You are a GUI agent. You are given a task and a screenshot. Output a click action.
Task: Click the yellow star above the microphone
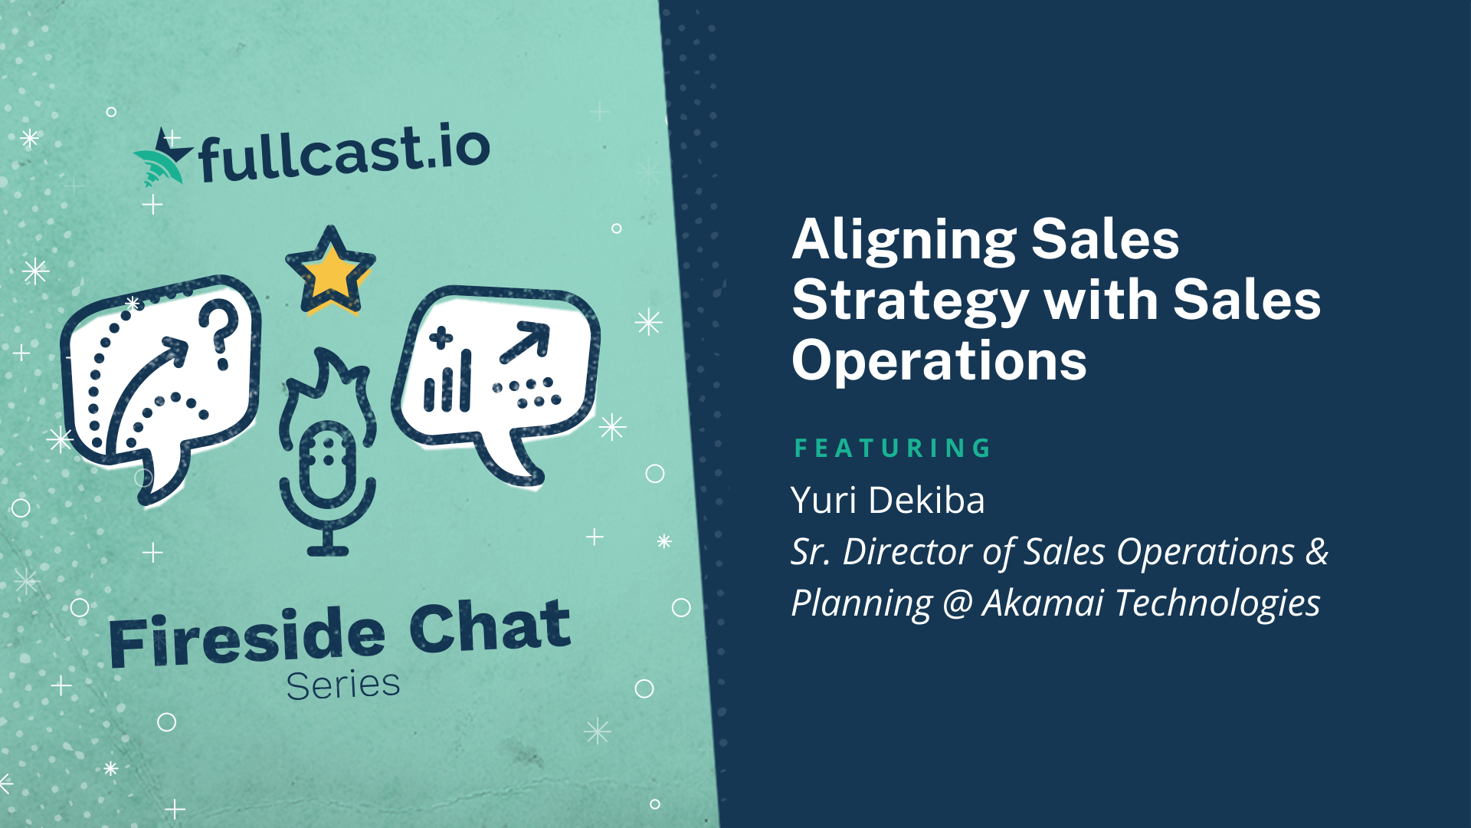click(x=330, y=271)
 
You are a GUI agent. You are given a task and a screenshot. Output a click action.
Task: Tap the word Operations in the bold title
click(x=939, y=360)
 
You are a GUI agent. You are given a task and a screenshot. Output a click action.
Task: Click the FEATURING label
click(x=893, y=448)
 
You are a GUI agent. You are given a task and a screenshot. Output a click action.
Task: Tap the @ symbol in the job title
click(x=958, y=603)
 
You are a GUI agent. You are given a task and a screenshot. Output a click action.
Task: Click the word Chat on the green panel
click(x=490, y=625)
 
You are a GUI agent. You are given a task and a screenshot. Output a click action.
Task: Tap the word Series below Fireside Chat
click(x=343, y=685)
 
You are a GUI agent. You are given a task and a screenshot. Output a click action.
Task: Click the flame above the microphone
click(x=328, y=387)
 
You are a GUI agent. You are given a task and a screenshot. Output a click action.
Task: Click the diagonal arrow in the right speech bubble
click(x=525, y=342)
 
